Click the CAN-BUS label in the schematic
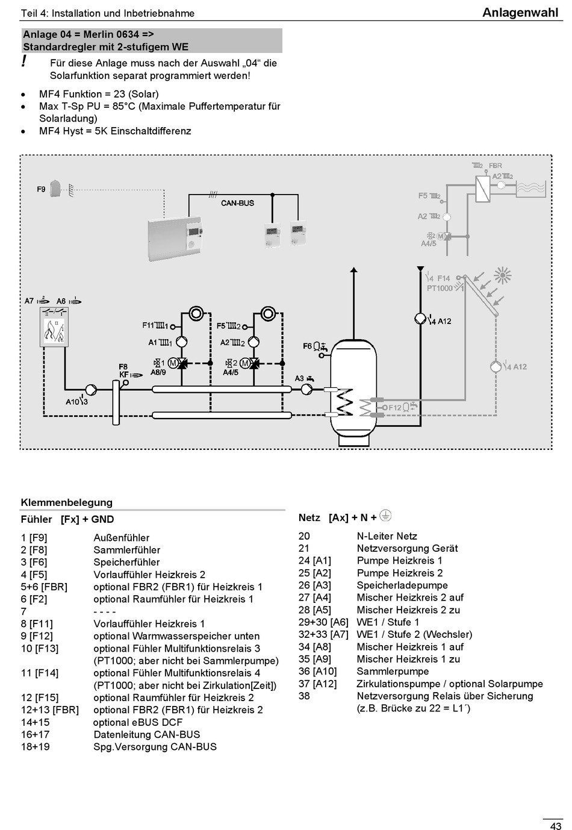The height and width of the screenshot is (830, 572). (x=237, y=203)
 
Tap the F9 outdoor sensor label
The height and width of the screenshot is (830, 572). (x=41, y=189)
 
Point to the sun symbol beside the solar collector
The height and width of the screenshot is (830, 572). (x=502, y=276)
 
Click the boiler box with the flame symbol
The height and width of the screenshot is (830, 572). (x=54, y=326)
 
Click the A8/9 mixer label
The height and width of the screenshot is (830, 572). (x=158, y=372)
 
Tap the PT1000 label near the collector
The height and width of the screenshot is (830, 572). (x=440, y=288)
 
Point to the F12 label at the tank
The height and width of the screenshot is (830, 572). (x=395, y=408)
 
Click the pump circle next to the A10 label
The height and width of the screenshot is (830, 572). (x=91, y=390)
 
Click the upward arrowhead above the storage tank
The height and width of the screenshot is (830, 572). (x=354, y=269)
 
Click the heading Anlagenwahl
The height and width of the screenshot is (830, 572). (x=520, y=13)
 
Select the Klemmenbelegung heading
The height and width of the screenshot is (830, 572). (x=67, y=502)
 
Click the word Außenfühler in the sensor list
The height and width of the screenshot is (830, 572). (x=122, y=538)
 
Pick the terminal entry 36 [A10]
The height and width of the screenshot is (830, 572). (x=317, y=672)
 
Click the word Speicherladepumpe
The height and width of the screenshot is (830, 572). (x=402, y=585)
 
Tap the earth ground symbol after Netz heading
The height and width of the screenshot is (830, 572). (x=386, y=516)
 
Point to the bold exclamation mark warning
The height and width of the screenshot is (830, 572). (x=24, y=61)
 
